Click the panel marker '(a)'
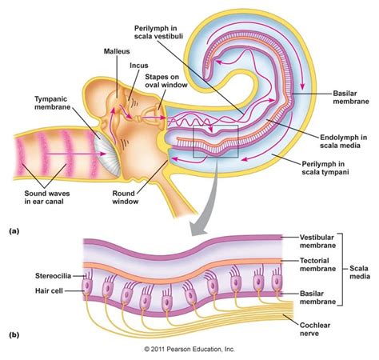(14, 230)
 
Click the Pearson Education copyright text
(189, 350)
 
